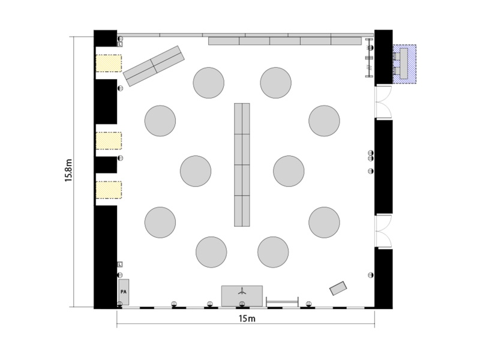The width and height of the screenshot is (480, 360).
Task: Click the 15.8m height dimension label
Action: tap(68, 170)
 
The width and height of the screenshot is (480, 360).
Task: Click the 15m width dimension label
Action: tap(247, 319)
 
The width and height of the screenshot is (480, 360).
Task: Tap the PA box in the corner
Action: tap(124, 292)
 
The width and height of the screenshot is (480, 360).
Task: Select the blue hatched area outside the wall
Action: tap(404, 64)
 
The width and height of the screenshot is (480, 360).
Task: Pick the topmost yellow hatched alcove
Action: tap(109, 64)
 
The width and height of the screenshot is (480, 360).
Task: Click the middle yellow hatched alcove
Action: tap(109, 141)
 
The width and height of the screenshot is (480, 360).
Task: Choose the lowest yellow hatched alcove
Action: tap(109, 190)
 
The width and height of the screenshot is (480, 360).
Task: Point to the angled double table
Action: tap(154, 66)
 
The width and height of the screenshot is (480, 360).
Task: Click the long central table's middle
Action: tap(242, 164)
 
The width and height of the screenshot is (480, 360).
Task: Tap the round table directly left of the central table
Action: tap(196, 171)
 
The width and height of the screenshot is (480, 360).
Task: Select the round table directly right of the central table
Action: tap(289, 171)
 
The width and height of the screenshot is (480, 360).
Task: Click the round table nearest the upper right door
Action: tap(324, 121)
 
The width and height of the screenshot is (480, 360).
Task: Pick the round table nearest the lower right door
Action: tap(324, 222)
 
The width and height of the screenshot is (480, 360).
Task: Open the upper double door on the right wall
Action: tap(383, 102)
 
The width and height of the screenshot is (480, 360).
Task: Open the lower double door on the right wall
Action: tap(383, 231)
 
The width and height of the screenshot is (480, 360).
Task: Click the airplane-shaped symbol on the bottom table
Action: tap(242, 291)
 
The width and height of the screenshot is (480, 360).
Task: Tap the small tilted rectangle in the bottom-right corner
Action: tap(338, 289)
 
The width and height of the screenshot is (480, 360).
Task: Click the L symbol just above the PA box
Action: tap(120, 264)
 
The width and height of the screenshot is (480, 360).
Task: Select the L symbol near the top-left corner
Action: tap(120, 44)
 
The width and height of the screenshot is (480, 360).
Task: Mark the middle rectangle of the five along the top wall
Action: tap(285, 41)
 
